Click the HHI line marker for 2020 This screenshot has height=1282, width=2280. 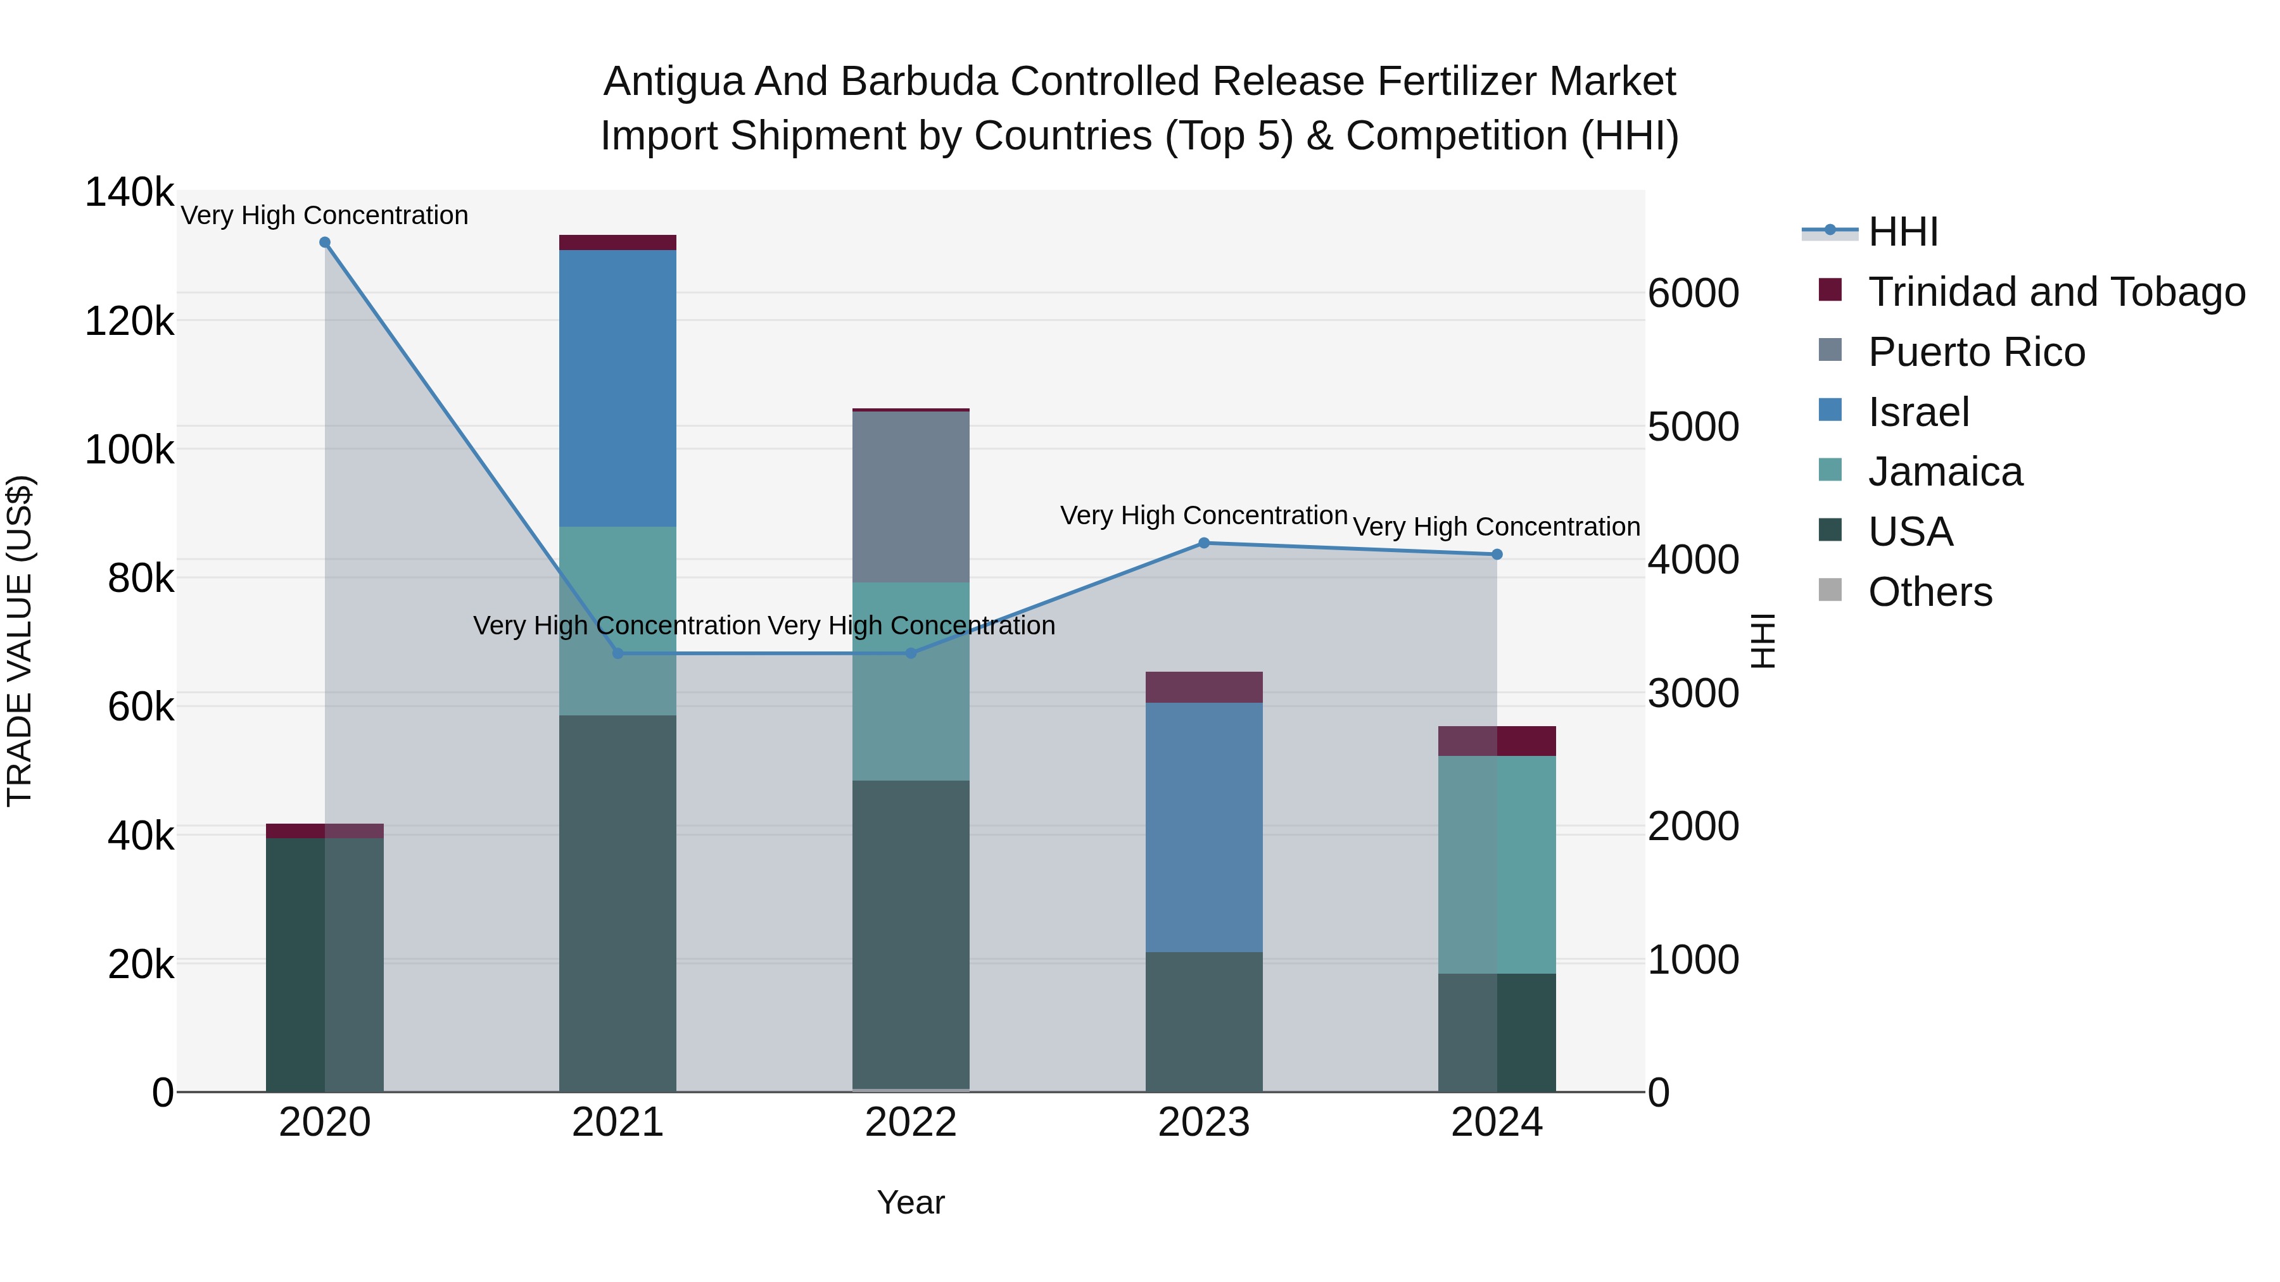325,242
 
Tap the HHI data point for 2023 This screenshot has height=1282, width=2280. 1204,543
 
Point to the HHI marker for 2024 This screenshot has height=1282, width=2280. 1497,555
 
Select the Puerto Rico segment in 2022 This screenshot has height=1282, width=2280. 911,496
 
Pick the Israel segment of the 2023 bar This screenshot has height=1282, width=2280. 1204,827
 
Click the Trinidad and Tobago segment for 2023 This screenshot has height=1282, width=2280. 1204,688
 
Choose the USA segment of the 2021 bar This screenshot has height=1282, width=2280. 617,902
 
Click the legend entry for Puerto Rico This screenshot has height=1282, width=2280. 1977,352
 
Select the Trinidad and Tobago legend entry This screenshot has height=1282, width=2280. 2056,292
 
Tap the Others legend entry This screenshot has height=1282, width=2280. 1930,592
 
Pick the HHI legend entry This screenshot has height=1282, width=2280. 1903,232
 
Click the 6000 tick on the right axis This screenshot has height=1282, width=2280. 1693,294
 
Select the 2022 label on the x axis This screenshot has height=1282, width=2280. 911,1122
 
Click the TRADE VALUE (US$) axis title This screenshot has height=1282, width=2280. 20,641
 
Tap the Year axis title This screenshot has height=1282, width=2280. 911,1202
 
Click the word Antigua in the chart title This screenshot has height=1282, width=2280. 673,82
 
